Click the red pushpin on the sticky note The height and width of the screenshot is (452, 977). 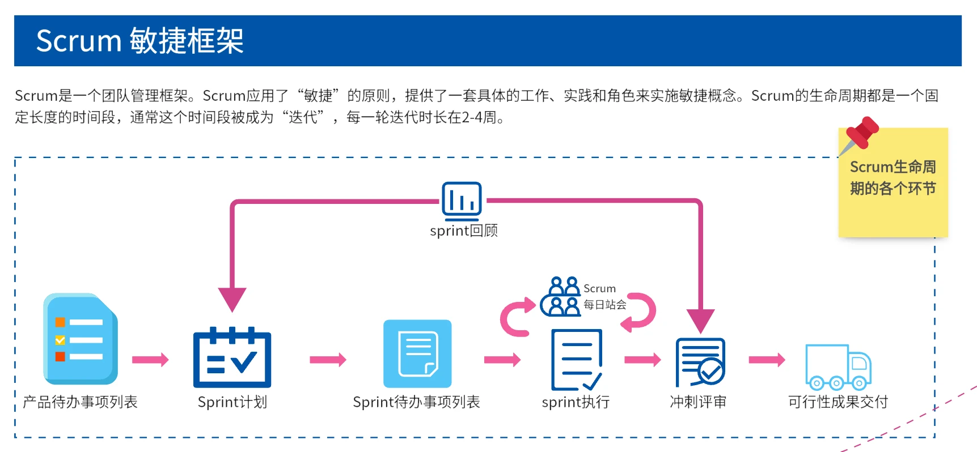click(861, 135)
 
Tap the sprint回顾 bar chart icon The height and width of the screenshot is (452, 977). click(462, 201)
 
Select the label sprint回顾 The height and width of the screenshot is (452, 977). click(464, 231)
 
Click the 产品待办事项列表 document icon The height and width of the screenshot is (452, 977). click(81, 339)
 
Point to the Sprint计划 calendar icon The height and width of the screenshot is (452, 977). click(232, 357)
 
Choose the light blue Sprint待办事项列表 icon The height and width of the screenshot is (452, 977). click(417, 354)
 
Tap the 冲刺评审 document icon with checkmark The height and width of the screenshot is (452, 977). click(700, 362)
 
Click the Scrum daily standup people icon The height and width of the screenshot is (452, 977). click(561, 296)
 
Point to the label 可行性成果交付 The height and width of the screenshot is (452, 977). click(838, 402)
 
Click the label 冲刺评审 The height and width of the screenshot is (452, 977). click(698, 402)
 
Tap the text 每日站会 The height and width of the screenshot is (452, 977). click(605, 305)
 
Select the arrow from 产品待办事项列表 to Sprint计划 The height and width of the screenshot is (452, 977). click(150, 360)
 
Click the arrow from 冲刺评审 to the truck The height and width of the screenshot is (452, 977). click(767, 360)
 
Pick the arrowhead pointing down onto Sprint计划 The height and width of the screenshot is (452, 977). click(232, 298)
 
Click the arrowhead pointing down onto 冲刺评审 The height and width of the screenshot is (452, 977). click(700, 320)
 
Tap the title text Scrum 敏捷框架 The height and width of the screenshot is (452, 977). click(140, 41)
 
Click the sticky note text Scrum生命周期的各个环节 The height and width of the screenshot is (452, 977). click(893, 178)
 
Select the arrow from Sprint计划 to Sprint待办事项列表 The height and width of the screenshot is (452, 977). click(328, 360)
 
